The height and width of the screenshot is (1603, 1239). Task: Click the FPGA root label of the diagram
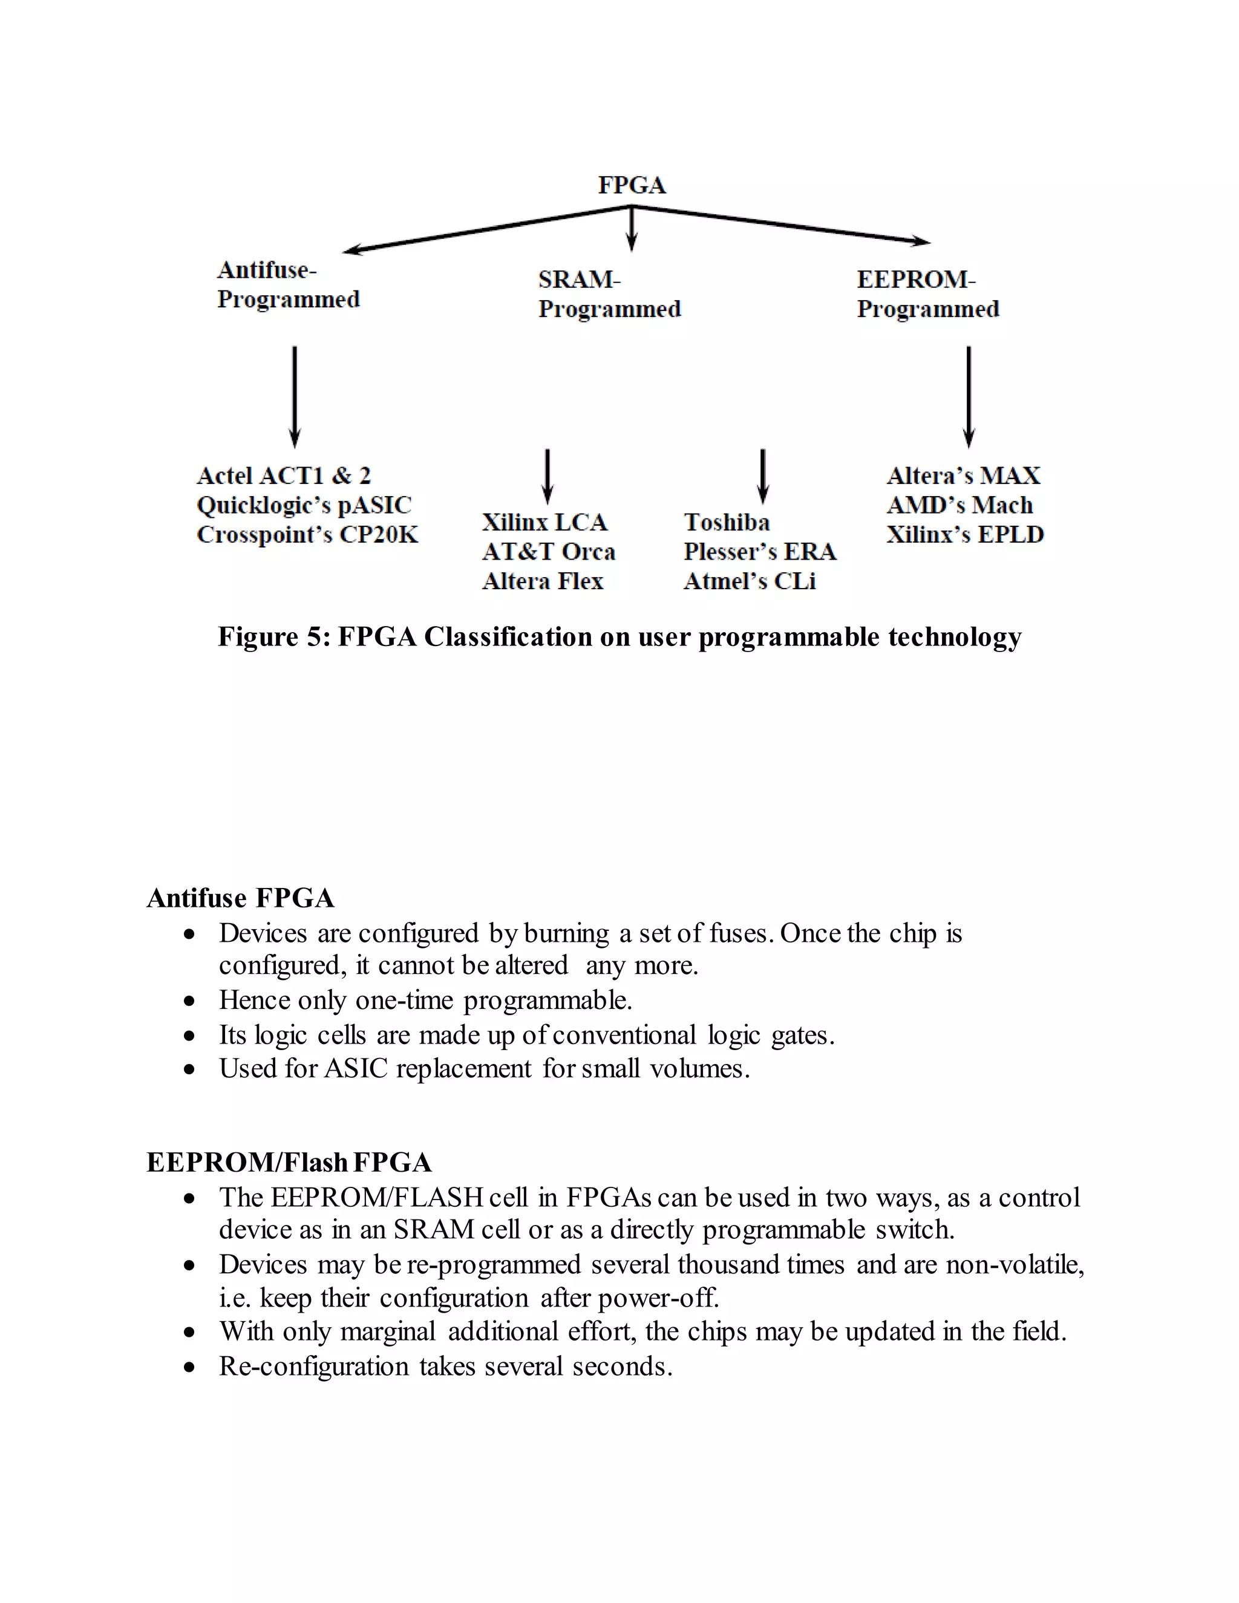pos(631,185)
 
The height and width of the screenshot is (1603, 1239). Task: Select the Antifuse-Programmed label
pos(288,285)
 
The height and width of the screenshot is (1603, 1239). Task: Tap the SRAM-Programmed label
pos(609,295)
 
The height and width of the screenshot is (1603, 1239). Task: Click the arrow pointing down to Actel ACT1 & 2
pos(295,396)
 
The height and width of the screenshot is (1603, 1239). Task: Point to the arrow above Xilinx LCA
pos(547,476)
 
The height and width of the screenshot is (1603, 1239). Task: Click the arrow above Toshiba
pos(763,476)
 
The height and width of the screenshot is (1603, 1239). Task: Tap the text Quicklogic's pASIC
pos(304,505)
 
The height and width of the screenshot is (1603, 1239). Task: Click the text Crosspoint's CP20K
pos(307,534)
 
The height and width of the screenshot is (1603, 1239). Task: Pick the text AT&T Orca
pos(548,552)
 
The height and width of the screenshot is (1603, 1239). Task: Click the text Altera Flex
pos(543,581)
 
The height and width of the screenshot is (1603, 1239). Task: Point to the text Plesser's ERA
pos(760,552)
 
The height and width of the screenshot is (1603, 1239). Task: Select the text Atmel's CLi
pos(750,581)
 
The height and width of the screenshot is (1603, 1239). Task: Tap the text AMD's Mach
pos(959,505)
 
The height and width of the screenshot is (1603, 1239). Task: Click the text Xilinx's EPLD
pos(964,534)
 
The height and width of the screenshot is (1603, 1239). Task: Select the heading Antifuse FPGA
pos(240,898)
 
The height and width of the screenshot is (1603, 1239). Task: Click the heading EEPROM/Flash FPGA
pos(289,1163)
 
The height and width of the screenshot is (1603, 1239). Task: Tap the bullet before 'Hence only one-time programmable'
pos(190,1001)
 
